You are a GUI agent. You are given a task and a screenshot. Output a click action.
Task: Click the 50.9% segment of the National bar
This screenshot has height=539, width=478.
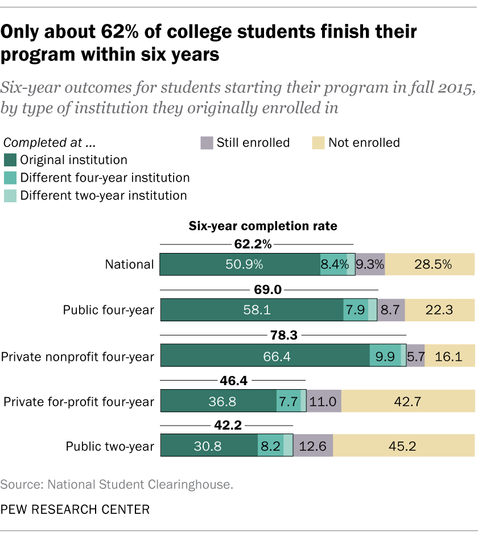[x=240, y=264]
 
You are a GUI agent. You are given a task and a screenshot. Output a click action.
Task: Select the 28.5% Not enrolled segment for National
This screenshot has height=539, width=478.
[x=430, y=264]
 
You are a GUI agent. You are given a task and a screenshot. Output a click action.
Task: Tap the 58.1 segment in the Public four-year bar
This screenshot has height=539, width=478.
[x=252, y=310]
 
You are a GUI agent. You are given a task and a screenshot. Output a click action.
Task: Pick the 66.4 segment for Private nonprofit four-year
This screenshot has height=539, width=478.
[x=265, y=356]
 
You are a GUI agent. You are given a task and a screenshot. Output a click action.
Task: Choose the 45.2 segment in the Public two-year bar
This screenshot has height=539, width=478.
[x=404, y=446]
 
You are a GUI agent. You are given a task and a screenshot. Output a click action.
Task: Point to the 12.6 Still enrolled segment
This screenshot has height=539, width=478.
[x=313, y=446]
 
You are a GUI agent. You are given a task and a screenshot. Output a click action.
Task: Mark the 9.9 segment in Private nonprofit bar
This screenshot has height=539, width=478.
[x=385, y=356]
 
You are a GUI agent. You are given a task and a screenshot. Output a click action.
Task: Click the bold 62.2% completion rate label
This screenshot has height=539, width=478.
[x=253, y=244]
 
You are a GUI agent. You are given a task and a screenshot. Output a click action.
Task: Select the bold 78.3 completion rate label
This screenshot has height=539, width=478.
[x=283, y=335]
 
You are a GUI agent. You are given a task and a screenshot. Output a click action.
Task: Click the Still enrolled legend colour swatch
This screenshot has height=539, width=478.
[x=205, y=142]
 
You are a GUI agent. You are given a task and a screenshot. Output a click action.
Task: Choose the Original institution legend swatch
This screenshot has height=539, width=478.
[x=10, y=160]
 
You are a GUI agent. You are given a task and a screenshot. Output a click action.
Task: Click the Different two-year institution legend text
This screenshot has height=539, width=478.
[x=104, y=195]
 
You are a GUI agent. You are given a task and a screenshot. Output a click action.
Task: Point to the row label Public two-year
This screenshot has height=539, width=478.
[x=110, y=446]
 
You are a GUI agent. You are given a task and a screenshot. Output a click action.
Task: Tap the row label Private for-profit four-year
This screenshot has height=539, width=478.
[x=79, y=401]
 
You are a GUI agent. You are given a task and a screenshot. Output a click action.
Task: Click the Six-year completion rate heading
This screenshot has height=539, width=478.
[x=263, y=226]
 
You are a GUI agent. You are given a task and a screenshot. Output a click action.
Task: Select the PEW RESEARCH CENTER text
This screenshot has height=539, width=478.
[x=75, y=509]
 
